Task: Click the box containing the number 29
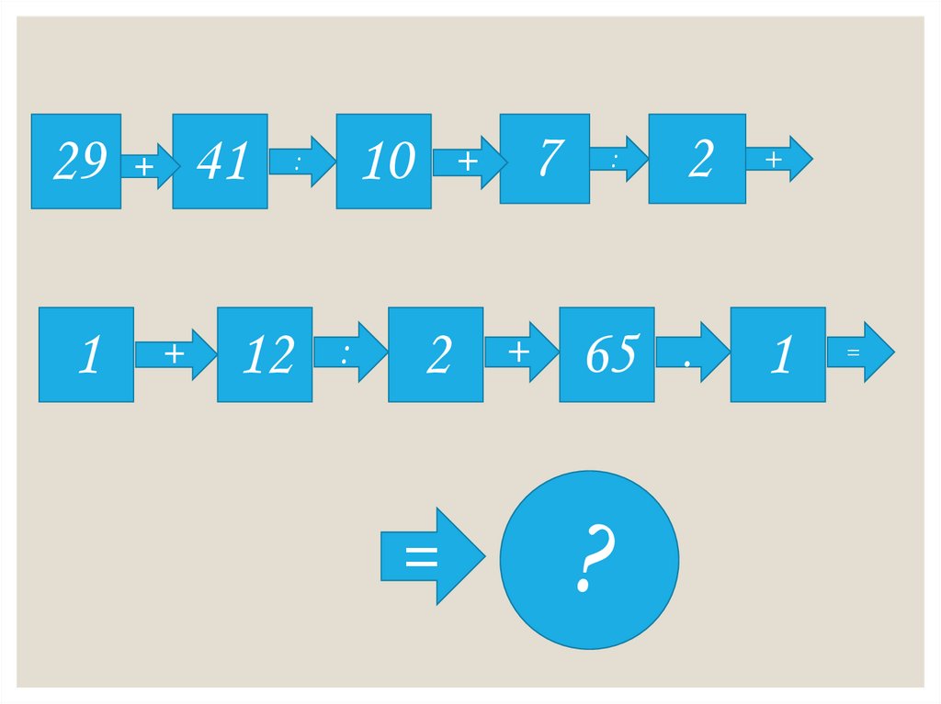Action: (76, 162)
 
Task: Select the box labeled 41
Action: (221, 162)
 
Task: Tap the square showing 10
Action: (384, 162)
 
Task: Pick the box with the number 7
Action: (545, 158)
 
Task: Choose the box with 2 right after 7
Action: (697, 158)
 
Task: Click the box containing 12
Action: (265, 354)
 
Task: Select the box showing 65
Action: (607, 354)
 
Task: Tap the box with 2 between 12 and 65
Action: (436, 354)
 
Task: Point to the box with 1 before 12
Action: (86, 354)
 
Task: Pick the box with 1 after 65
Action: (777, 354)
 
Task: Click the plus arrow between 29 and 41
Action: (147, 166)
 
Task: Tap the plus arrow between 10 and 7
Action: (468, 162)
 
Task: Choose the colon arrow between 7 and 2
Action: (618, 159)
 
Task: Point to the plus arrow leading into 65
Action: (520, 351)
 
